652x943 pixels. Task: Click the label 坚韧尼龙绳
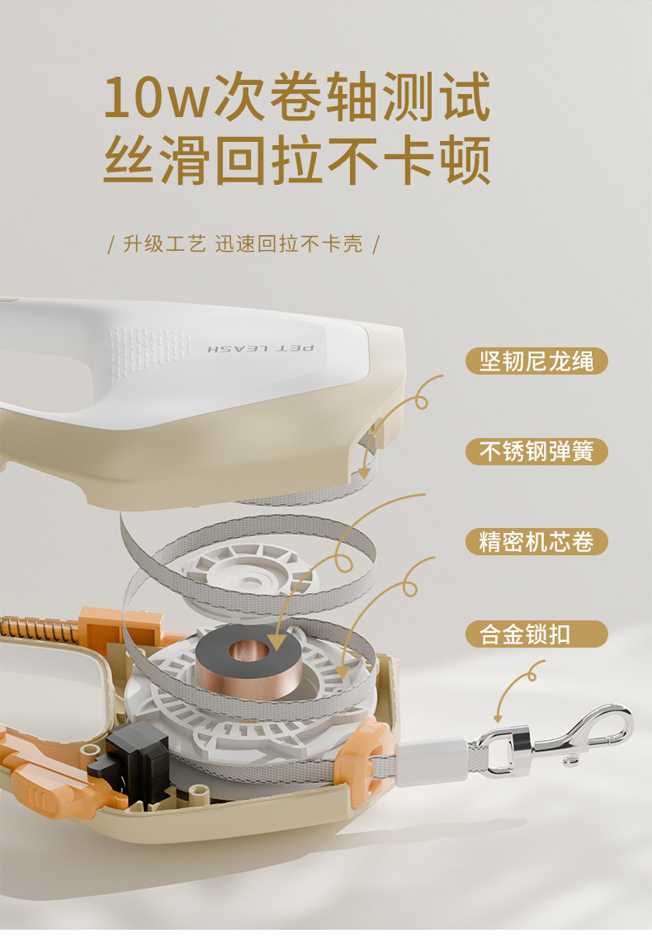[x=536, y=361]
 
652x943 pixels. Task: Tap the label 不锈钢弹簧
[x=536, y=451]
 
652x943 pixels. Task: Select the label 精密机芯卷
[x=536, y=542]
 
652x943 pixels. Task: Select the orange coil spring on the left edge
[x=39, y=629]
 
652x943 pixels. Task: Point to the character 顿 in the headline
[x=465, y=160]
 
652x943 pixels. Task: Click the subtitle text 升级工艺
[x=164, y=244]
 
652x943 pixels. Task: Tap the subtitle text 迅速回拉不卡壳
[x=290, y=244]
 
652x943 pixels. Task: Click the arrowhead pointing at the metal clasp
[x=498, y=718]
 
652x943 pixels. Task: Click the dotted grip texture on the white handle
[x=148, y=350]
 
